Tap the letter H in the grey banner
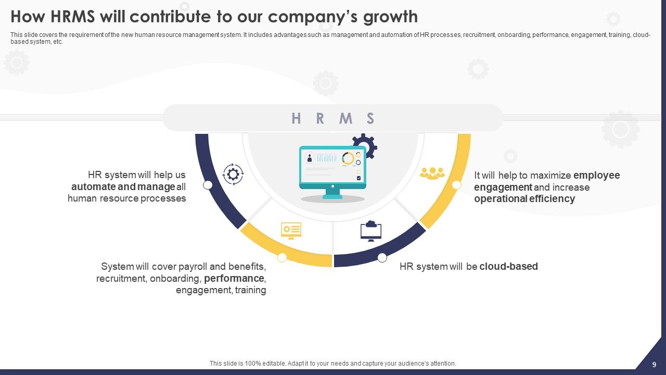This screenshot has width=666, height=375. click(296, 118)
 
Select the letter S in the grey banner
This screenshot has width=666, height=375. click(370, 118)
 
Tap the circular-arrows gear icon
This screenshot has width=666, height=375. click(233, 174)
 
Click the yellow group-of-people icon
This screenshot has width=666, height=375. click(432, 173)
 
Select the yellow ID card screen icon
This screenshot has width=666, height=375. click(291, 230)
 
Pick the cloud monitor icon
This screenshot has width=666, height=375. click(371, 231)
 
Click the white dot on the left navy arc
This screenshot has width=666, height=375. click(208, 185)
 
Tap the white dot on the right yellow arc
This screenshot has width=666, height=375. click(456, 185)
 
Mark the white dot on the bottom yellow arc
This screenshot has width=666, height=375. click(282, 257)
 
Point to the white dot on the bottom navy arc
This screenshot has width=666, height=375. click(382, 257)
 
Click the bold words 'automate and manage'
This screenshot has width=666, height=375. click(123, 186)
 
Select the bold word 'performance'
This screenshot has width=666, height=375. click(234, 278)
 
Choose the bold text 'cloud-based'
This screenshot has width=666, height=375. click(508, 267)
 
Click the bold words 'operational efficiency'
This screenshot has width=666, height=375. click(524, 198)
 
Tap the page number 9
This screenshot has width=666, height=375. click(654, 364)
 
